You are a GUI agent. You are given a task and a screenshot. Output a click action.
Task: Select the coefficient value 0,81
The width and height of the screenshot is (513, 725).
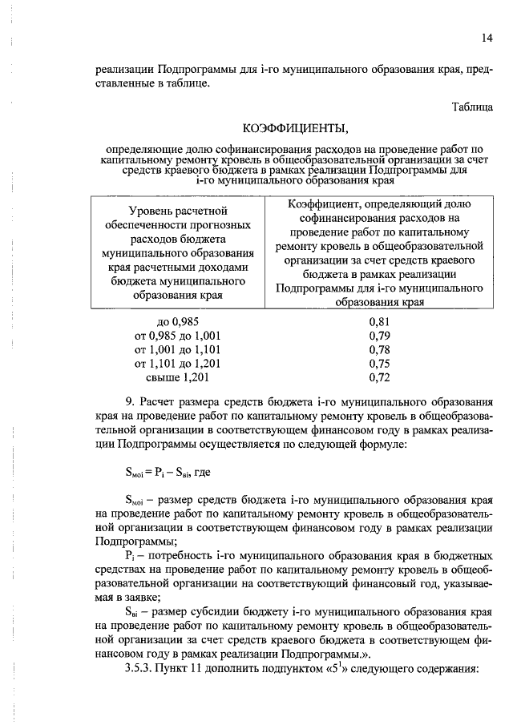[379, 322]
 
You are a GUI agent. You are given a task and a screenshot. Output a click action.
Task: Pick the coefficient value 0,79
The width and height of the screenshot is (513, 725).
[379, 336]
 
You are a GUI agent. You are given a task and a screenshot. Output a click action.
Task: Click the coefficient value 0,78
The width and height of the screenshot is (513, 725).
[379, 349]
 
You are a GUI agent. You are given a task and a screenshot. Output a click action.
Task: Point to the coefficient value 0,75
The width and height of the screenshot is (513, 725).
[379, 363]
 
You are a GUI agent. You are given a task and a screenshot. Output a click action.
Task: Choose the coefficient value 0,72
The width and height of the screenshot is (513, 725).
[379, 377]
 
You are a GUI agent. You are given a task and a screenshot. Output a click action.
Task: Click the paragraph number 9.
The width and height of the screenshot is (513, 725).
[129, 401]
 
